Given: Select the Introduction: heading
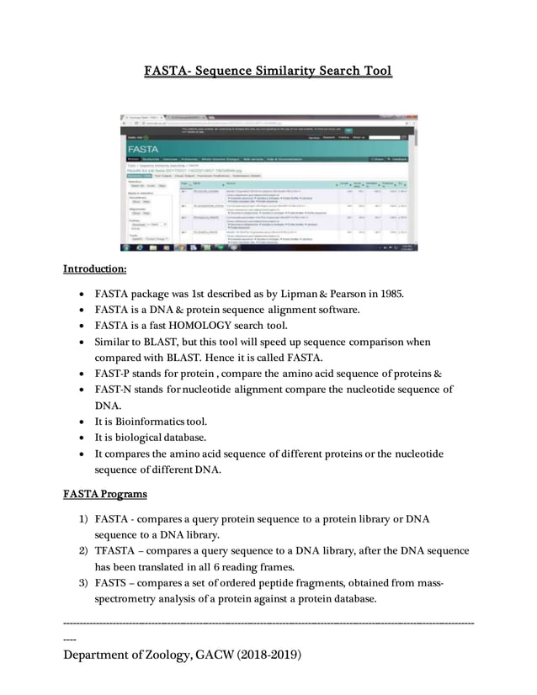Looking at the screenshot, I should click(95, 270).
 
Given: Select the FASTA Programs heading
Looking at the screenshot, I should click(105, 493).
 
